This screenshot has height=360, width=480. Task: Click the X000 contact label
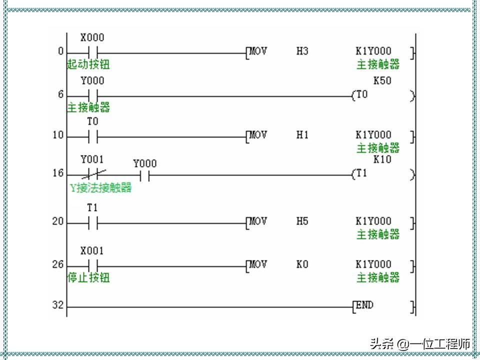click(92, 38)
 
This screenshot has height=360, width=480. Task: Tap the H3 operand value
click(302, 51)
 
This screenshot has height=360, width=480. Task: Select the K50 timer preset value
click(382, 81)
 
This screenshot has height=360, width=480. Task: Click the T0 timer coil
click(361, 94)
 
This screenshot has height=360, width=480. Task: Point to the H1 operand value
click(302, 135)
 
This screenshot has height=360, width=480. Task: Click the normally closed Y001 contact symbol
click(93, 174)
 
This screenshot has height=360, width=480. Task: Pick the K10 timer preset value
click(382, 160)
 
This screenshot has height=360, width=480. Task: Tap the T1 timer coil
click(361, 174)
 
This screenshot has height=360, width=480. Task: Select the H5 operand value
click(302, 221)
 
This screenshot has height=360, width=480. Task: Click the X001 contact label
click(92, 251)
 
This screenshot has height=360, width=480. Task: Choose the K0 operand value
click(302, 264)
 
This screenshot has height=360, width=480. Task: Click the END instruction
click(364, 305)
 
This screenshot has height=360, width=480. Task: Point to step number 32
click(58, 305)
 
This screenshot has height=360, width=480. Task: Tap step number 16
click(58, 173)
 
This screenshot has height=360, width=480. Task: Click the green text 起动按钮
click(88, 64)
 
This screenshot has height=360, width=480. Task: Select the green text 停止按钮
click(88, 277)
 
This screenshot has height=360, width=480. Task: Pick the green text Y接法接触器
click(100, 187)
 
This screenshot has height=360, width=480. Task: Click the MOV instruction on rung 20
click(258, 221)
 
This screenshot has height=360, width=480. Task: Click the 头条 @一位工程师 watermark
click(419, 344)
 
